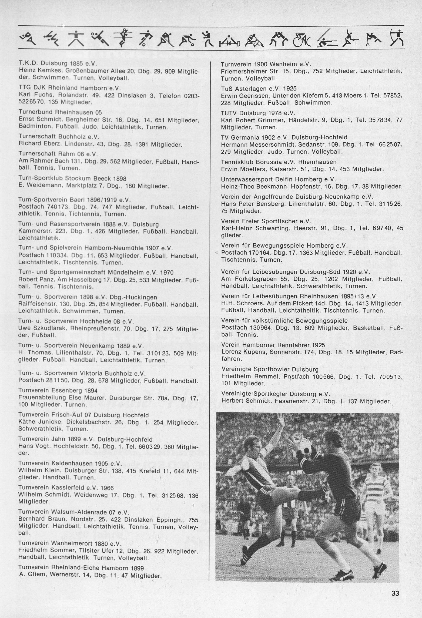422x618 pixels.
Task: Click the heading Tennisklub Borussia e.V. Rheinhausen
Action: [279, 162]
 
